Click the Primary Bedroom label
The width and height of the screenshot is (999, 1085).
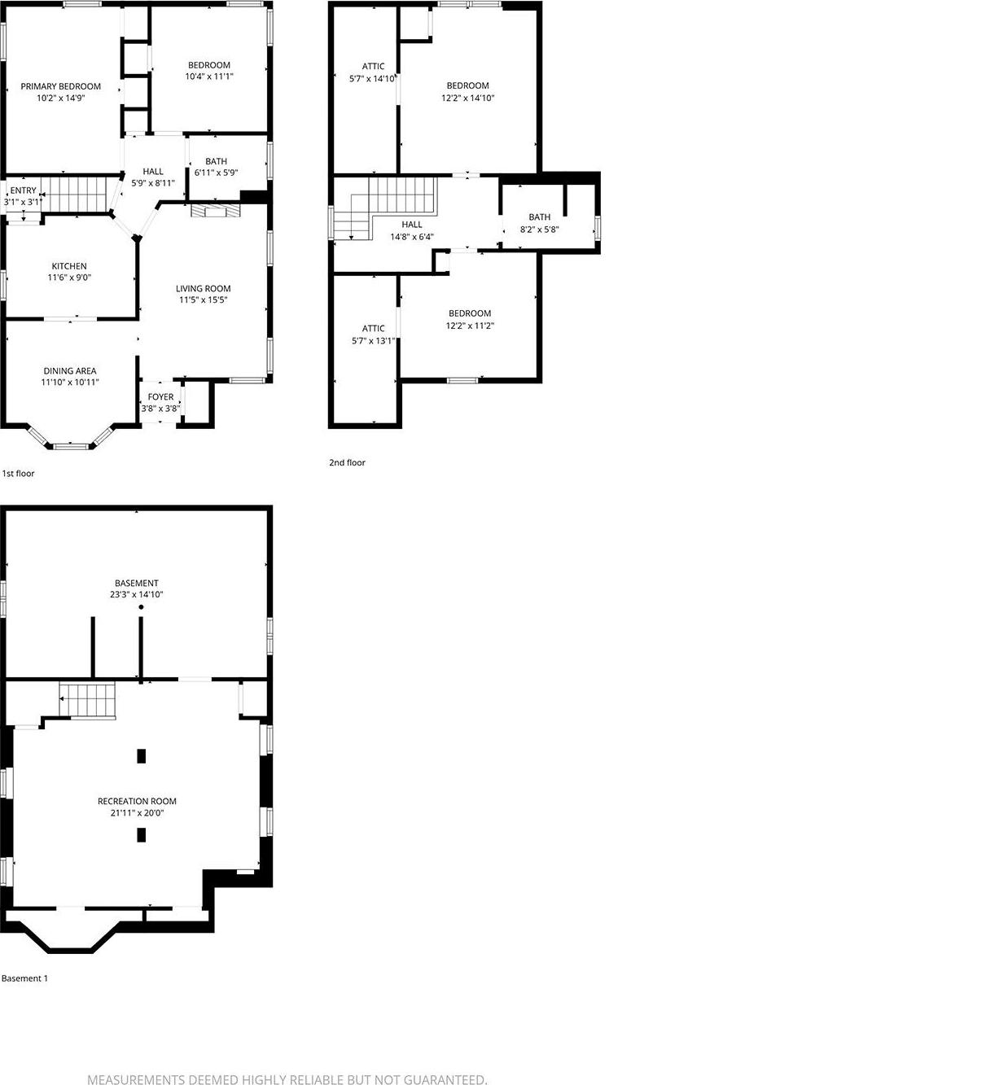[61, 86]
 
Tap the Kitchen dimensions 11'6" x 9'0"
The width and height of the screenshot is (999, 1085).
[69, 278]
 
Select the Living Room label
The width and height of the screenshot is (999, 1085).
[204, 288]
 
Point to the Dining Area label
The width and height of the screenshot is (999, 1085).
[70, 371]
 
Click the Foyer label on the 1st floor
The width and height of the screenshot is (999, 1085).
[160, 397]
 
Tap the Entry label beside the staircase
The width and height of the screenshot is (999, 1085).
[23, 190]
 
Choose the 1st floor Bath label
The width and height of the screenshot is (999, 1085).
[216, 161]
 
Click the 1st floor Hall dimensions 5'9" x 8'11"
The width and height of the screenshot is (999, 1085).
[153, 183]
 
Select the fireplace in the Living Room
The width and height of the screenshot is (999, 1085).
[216, 211]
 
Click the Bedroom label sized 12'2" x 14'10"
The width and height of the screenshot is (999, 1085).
[467, 85]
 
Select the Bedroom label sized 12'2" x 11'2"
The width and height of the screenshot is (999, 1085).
[470, 313]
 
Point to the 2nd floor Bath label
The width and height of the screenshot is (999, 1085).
[539, 217]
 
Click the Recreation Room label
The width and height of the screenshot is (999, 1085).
[137, 801]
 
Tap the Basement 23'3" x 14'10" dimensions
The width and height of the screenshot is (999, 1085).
[137, 595]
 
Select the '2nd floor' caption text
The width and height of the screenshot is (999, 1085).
[347, 462]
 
